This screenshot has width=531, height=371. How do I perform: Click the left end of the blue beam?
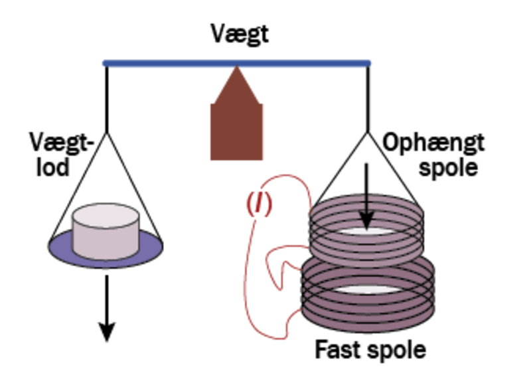(x=104, y=63)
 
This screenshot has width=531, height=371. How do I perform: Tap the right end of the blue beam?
(x=370, y=63)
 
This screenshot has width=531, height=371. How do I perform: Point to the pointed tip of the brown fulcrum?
(x=237, y=67)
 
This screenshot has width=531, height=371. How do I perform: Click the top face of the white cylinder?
(x=106, y=215)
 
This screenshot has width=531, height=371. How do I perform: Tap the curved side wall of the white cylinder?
(x=106, y=242)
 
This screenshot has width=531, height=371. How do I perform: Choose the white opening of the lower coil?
(x=368, y=290)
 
